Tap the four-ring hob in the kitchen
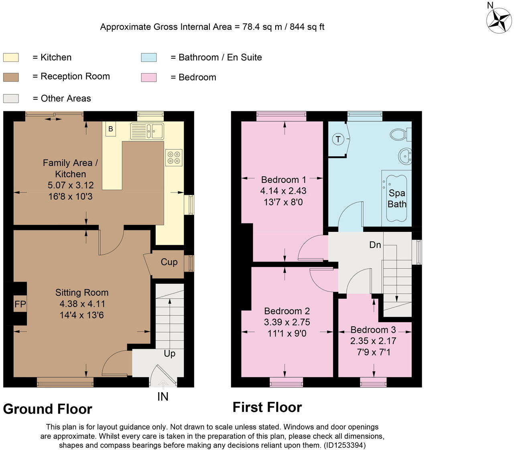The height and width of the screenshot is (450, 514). (x=174, y=157)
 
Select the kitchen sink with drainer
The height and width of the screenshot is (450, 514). (x=147, y=131)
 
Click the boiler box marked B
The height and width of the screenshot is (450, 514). (x=110, y=129)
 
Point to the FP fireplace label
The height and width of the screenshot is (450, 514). (x=20, y=304)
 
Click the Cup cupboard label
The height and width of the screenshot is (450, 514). (x=169, y=262)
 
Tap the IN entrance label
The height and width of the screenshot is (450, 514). (x=163, y=397)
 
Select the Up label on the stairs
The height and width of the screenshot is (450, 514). (x=170, y=354)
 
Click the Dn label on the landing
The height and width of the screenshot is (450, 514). (x=375, y=245)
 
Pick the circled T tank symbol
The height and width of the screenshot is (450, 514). (x=338, y=139)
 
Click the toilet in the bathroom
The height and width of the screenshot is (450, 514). (x=400, y=134)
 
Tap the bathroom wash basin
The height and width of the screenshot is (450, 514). (x=405, y=156)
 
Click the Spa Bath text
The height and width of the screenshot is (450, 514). (x=397, y=198)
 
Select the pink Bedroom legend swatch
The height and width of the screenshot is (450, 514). (x=149, y=78)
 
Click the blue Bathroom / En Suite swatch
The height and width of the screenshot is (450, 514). (x=149, y=57)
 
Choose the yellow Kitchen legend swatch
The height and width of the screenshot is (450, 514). (x=11, y=57)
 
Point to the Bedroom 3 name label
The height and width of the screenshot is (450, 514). (x=373, y=329)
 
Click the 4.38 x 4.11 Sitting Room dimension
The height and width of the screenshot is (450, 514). (x=82, y=304)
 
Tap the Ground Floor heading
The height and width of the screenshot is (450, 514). (x=47, y=409)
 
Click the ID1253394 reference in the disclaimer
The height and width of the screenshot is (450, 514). (x=345, y=445)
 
